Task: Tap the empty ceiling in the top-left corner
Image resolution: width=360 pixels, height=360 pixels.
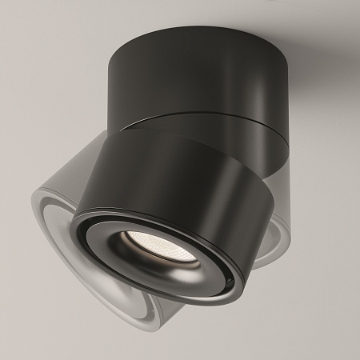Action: (32, 32)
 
